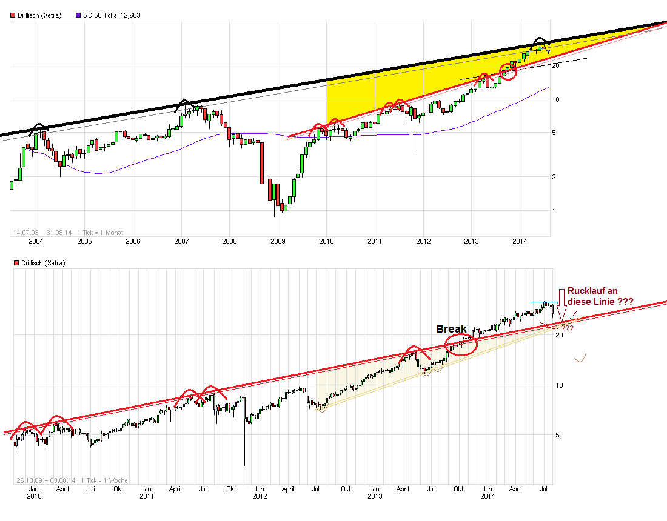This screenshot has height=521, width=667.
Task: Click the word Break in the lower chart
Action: click(451, 329)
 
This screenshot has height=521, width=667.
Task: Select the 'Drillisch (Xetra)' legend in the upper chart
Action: click(36, 15)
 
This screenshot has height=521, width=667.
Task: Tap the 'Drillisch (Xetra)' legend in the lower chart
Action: click(36, 263)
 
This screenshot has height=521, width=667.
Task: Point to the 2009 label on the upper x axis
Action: click(278, 241)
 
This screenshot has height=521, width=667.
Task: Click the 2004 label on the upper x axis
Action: click(36, 241)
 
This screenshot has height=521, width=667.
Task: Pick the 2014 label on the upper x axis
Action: click(520, 241)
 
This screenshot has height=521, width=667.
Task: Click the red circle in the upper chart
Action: click(508, 71)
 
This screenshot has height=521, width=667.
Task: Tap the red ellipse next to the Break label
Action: click(461, 343)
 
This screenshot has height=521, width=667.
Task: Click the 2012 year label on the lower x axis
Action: click(260, 497)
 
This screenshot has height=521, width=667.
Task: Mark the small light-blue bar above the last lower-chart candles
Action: click(544, 302)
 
